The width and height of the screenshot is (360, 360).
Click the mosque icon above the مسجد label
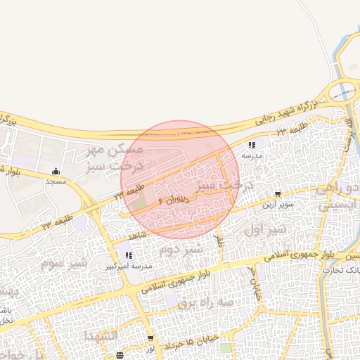click(56, 172)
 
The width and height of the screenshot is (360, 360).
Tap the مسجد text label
click(56, 181)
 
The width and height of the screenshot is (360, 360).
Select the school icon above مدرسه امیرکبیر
click(128, 255)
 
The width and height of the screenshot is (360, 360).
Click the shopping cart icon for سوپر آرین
click(278, 194)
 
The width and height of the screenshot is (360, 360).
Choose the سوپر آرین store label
click(277, 205)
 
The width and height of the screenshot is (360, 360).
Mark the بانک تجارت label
click(345, 269)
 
